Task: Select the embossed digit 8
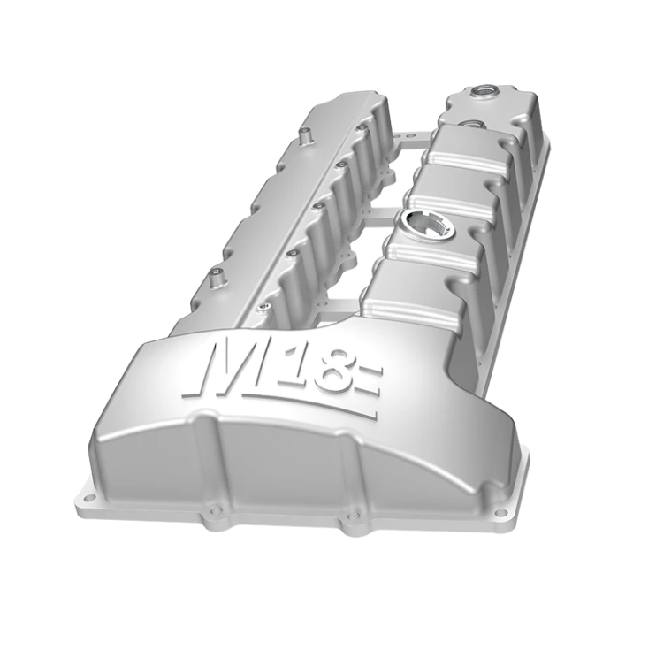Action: coord(337,374)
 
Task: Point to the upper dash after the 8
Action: coord(370,371)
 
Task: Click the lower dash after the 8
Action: coord(370,391)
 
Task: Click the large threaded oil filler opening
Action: coord(427,222)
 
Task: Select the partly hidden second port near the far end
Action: coord(471,124)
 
